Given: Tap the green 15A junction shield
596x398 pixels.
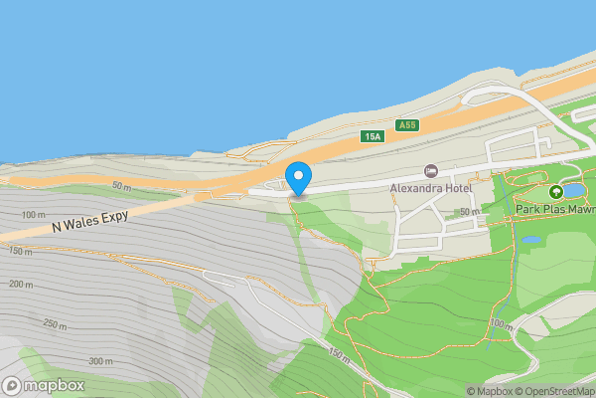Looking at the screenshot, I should pyautogui.click(x=372, y=136).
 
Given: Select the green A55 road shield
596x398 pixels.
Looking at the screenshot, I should pyautogui.click(x=405, y=125).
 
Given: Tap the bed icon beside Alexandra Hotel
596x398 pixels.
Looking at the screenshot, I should pyautogui.click(x=430, y=172).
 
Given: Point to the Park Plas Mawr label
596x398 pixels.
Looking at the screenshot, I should pyautogui.click(x=555, y=209).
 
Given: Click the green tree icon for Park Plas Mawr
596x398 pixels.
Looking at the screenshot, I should pyautogui.click(x=554, y=191).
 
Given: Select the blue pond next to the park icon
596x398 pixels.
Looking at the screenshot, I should pyautogui.click(x=574, y=190).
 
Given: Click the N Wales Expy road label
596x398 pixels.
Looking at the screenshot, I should pyautogui.click(x=91, y=221).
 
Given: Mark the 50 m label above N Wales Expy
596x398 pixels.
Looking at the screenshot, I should pyautogui.click(x=121, y=186).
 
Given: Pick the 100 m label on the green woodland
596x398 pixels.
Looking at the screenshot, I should pyautogui.click(x=502, y=325).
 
